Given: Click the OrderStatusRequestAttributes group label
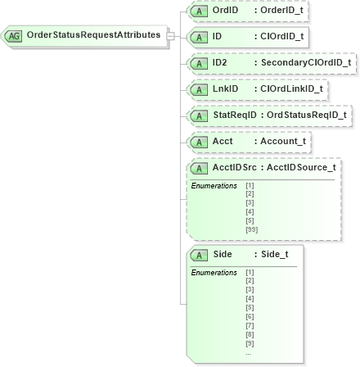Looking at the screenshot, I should (93, 35).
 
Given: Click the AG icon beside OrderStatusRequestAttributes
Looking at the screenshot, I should (14, 35).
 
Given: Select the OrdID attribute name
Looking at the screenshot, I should (225, 9).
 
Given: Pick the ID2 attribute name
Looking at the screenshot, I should (219, 62).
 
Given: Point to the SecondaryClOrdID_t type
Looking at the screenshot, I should (305, 62).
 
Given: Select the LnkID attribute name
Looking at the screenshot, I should (225, 88).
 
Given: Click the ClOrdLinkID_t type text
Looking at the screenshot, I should (291, 88).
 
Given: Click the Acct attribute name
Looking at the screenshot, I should (223, 141).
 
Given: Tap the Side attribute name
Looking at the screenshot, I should (223, 232).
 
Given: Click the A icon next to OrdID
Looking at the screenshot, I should (199, 10).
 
